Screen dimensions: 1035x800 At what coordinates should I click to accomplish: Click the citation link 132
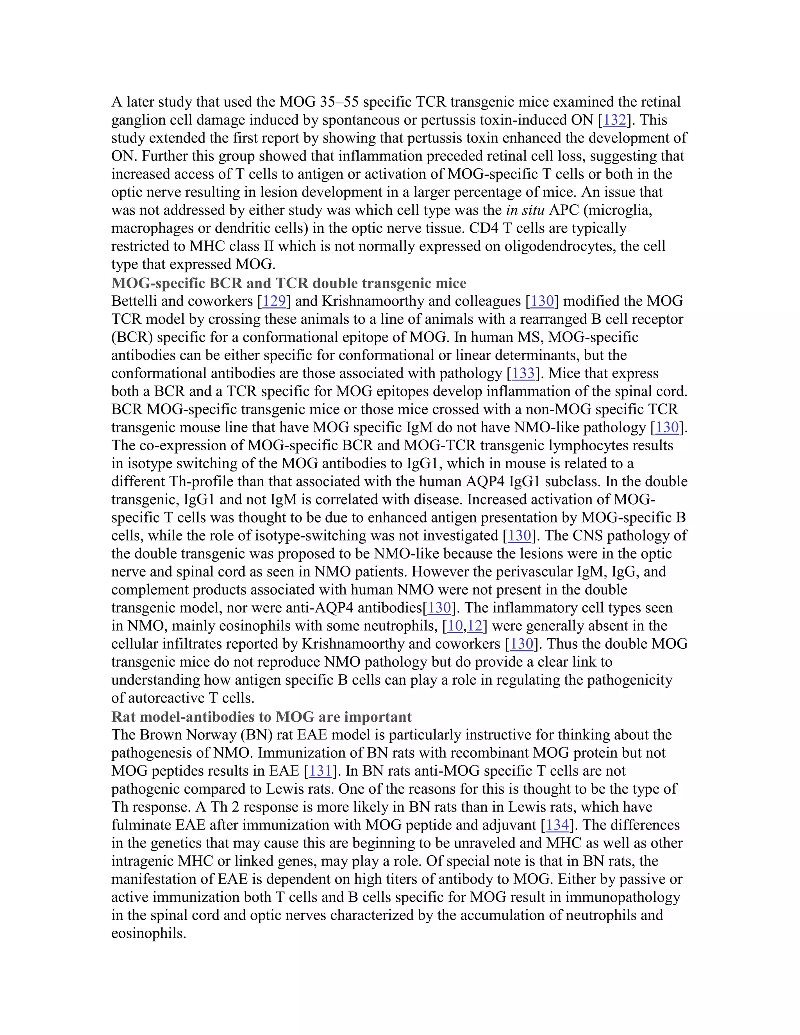(614, 120)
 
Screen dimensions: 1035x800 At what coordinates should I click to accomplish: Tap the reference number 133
(523, 373)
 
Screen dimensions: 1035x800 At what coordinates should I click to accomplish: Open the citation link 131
(320, 771)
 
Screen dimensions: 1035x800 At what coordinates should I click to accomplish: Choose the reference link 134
(557, 825)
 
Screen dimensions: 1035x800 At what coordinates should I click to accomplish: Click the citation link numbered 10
(455, 626)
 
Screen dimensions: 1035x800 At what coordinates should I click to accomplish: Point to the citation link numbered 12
(475, 626)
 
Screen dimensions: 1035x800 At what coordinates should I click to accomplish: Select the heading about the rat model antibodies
(262, 717)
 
